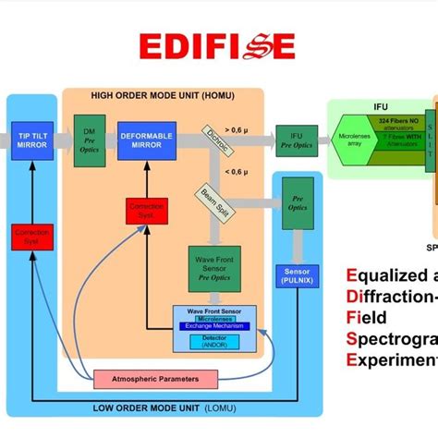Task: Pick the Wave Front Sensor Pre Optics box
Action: tap(213, 268)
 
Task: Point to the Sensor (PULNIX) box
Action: tap(298, 274)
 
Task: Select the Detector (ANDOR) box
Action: tap(213, 343)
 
